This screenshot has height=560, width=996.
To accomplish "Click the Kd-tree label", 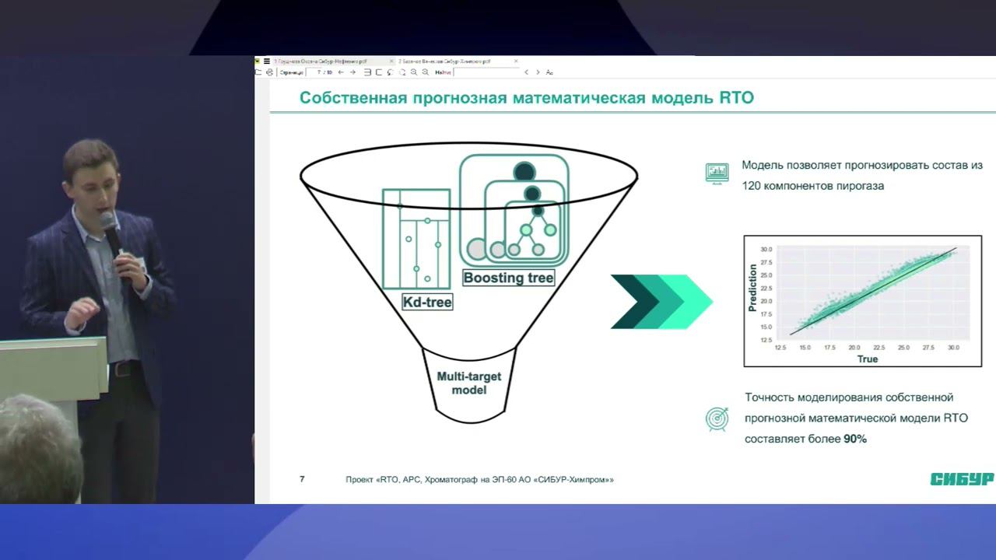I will click(x=427, y=302).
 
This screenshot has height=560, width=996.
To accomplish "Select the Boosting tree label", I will click(x=508, y=278).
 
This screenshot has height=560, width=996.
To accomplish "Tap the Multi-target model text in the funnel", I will click(x=468, y=383).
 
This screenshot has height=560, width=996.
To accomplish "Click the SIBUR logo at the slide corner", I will click(x=962, y=479).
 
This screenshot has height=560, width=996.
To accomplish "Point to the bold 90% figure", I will click(x=855, y=439).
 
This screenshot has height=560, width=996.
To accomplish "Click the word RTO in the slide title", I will click(x=731, y=99).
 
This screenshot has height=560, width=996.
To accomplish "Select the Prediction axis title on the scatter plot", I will click(x=752, y=288).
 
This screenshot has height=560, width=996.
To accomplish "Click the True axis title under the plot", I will click(x=867, y=359).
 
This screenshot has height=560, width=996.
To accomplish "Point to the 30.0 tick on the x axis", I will click(x=953, y=348).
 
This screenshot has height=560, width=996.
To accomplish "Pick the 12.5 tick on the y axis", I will click(x=766, y=340).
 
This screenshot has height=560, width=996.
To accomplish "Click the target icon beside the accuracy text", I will click(x=716, y=418).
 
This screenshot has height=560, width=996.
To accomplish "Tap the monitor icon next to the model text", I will click(x=717, y=172).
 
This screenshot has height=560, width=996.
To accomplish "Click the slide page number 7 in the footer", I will click(x=302, y=479).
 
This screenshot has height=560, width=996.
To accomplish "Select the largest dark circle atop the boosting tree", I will click(x=524, y=172).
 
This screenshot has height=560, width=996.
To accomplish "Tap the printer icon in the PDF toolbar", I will click(x=269, y=72).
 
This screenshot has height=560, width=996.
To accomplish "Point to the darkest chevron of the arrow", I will click(x=629, y=301).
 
